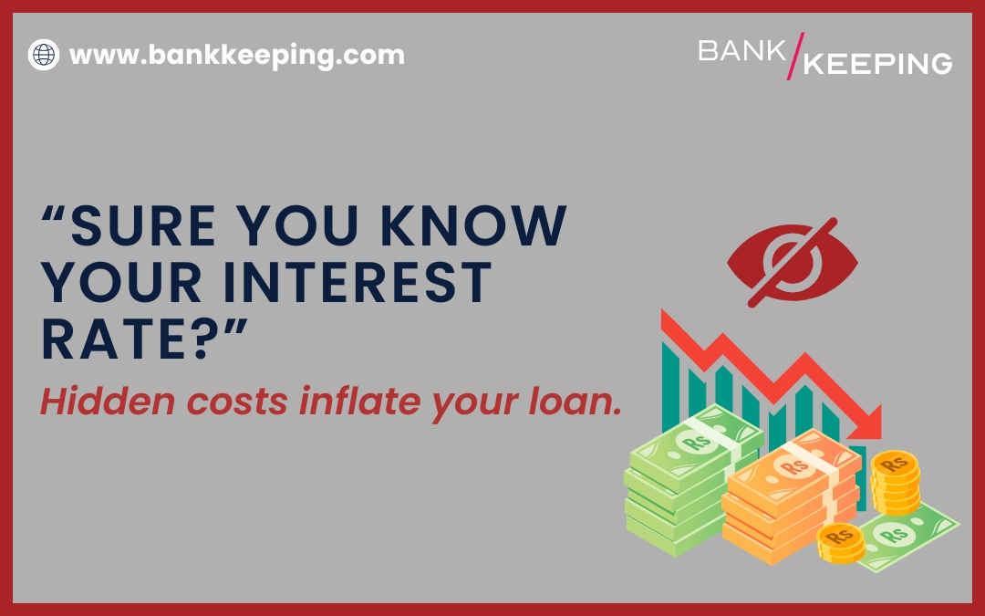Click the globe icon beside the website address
(x=43, y=54)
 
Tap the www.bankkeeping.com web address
(x=237, y=55)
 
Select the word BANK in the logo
(x=741, y=51)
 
